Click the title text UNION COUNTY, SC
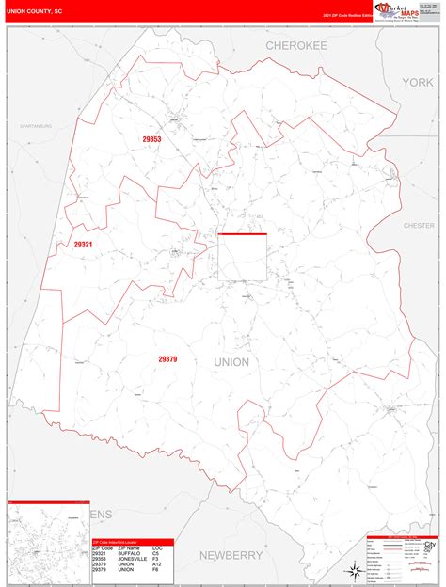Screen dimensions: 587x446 point(35,11)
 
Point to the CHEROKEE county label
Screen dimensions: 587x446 point(295,45)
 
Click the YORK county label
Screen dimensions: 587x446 point(417,83)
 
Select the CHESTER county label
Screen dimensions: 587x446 point(420,226)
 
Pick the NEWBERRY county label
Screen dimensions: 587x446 point(231,555)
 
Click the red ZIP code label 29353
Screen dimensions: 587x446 point(151,140)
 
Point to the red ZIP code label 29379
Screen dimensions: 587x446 point(167,359)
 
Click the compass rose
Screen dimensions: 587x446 point(352,568)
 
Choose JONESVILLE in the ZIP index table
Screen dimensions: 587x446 point(129,559)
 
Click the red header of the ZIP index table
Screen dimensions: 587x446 point(127,542)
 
